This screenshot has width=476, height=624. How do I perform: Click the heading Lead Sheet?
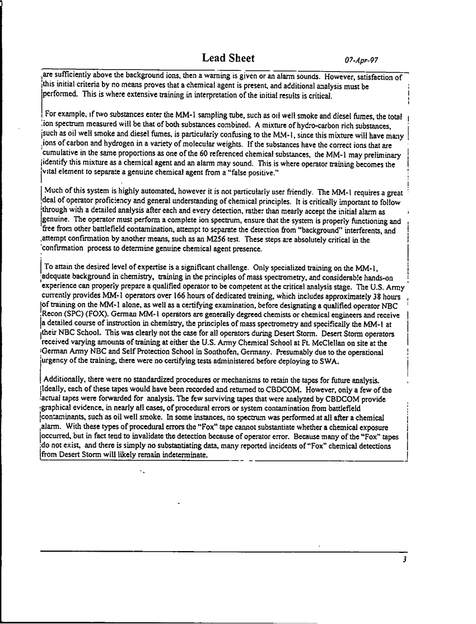228,58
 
